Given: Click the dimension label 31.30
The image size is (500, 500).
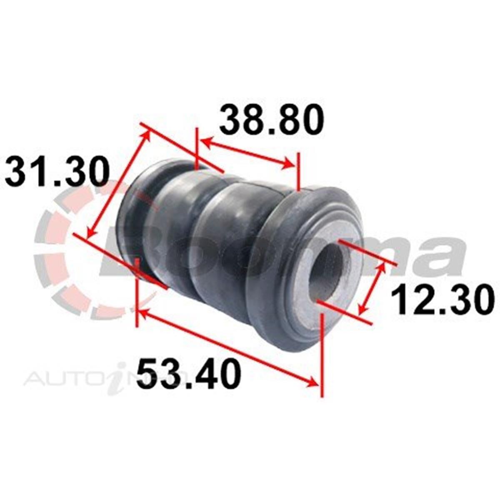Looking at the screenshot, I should (x=57, y=172).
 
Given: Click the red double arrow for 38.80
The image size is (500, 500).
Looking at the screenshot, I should (x=246, y=153).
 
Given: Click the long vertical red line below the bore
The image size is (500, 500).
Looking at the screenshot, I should (x=321, y=354).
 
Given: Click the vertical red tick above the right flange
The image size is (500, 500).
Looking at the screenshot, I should (x=298, y=171).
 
